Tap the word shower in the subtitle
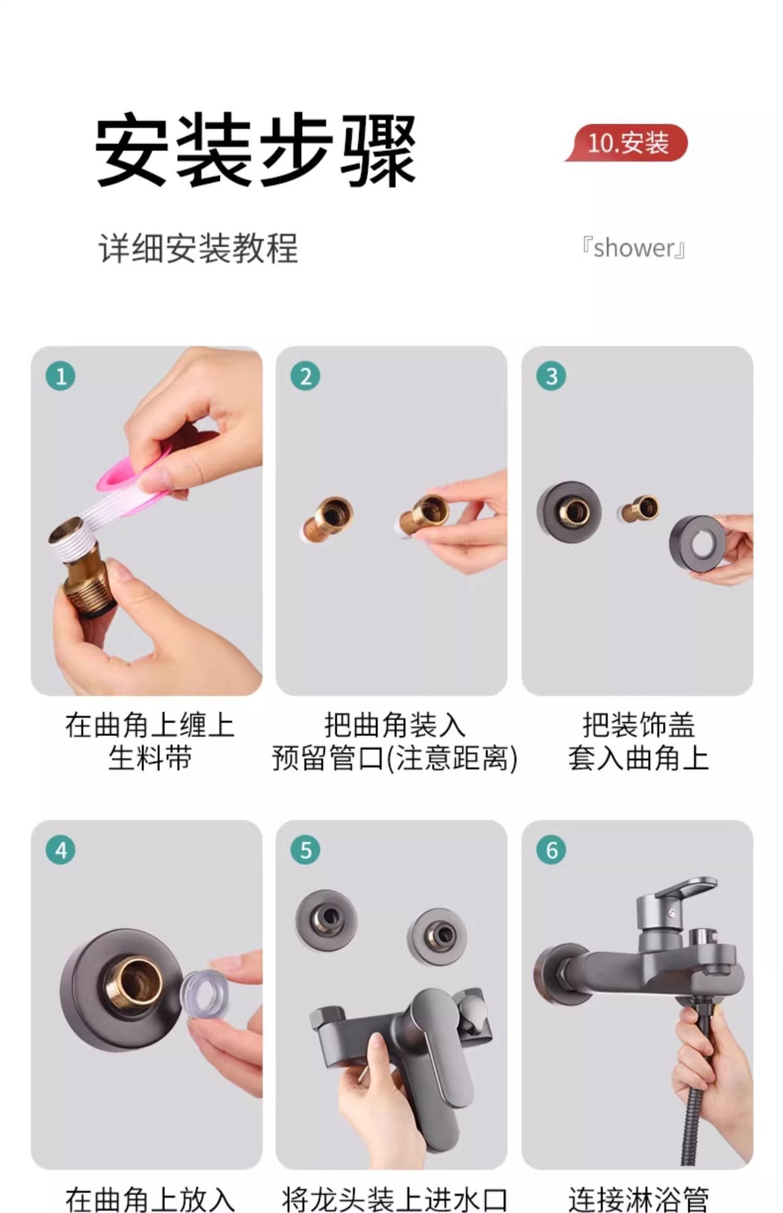[634, 248]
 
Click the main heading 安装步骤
[256, 150]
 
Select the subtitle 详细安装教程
[198, 248]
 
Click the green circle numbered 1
[61, 376]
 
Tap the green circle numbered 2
[306, 376]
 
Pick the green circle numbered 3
[551, 376]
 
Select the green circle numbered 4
[61, 850]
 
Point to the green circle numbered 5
[306, 850]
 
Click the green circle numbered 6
[551, 850]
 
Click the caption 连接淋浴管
[638, 1199]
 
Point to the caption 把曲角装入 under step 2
[394, 725]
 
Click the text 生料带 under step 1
[150, 758]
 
